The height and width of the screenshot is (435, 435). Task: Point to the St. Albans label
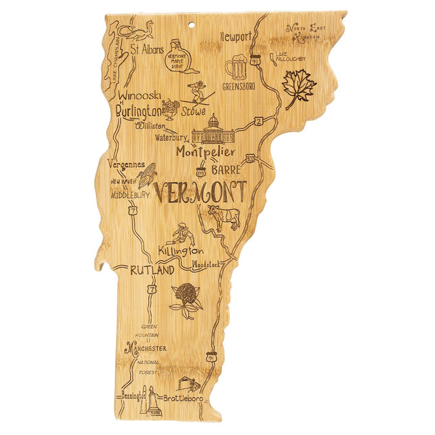coord(146,49)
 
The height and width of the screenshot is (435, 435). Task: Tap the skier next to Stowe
coord(199,91)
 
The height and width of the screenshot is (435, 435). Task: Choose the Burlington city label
coord(138,111)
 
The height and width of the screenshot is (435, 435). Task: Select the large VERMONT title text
coord(200,192)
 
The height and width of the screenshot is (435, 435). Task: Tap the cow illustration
coord(223,217)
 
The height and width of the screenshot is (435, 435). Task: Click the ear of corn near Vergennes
coord(146,174)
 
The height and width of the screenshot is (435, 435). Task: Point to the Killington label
coord(181,252)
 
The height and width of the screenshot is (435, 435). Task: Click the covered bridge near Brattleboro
coord(189,384)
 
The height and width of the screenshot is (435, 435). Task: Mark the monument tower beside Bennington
coord(153,401)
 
